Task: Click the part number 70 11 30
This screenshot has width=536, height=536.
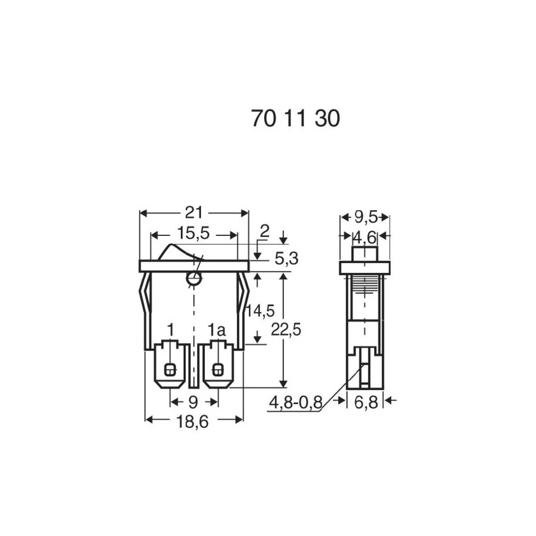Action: (295, 118)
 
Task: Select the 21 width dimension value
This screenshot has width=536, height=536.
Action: (193, 213)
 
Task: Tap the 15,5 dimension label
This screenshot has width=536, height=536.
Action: (194, 234)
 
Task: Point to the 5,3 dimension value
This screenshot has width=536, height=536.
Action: (286, 259)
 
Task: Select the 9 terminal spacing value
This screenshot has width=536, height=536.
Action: (193, 401)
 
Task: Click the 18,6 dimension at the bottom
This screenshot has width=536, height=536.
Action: (193, 422)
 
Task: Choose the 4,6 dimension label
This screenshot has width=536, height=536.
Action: (365, 236)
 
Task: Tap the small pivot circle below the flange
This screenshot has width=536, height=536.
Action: (193, 278)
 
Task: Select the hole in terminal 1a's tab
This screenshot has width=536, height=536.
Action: (218, 369)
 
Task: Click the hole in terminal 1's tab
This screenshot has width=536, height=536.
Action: (170, 369)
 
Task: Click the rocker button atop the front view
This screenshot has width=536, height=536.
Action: (180, 252)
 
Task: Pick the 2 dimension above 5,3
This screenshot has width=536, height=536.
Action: (264, 232)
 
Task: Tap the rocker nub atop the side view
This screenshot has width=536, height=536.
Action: (364, 254)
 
